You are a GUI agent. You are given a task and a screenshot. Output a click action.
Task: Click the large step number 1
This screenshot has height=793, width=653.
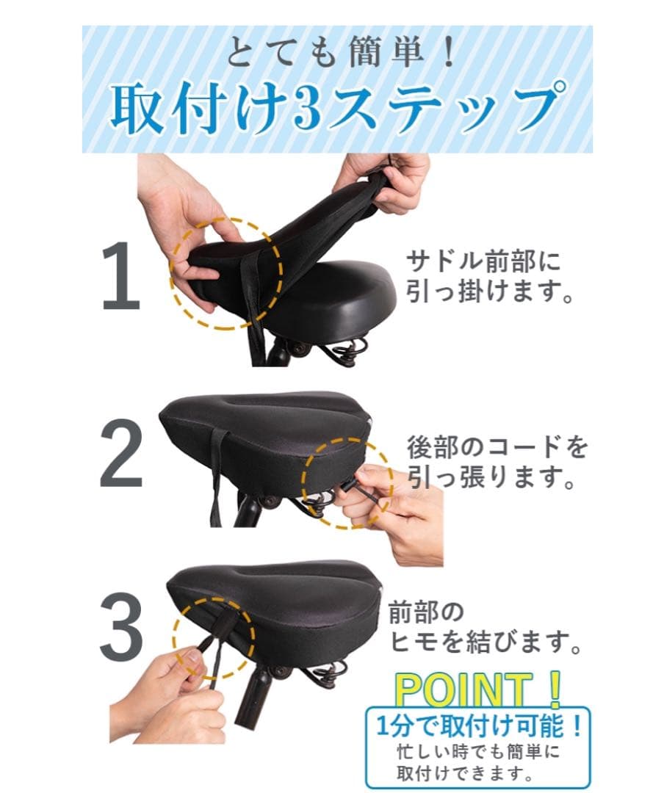pyautogui.click(x=121, y=275)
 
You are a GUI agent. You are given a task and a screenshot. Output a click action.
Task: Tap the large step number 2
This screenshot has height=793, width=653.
pyautogui.click(x=121, y=454)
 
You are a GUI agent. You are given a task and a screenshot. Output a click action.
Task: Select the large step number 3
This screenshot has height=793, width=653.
pyautogui.click(x=121, y=627)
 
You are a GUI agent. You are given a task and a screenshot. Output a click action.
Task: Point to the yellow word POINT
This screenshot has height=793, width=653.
pyautogui.click(x=463, y=689)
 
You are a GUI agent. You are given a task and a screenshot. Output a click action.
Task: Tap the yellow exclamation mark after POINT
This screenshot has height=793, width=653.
pyautogui.click(x=555, y=689)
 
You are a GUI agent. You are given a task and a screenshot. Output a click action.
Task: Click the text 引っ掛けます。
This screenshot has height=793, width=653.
pyautogui.click(x=490, y=292)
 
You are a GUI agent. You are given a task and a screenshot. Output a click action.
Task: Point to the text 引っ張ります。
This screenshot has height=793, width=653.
pyautogui.click(x=491, y=477)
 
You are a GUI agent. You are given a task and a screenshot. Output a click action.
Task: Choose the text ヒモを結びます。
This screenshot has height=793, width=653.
pyautogui.click(x=485, y=642)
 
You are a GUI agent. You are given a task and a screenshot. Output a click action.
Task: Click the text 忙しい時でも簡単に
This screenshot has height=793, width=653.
pyautogui.click(x=478, y=752)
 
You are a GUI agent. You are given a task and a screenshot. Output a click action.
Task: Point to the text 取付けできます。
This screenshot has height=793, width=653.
pyautogui.click(x=465, y=772)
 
